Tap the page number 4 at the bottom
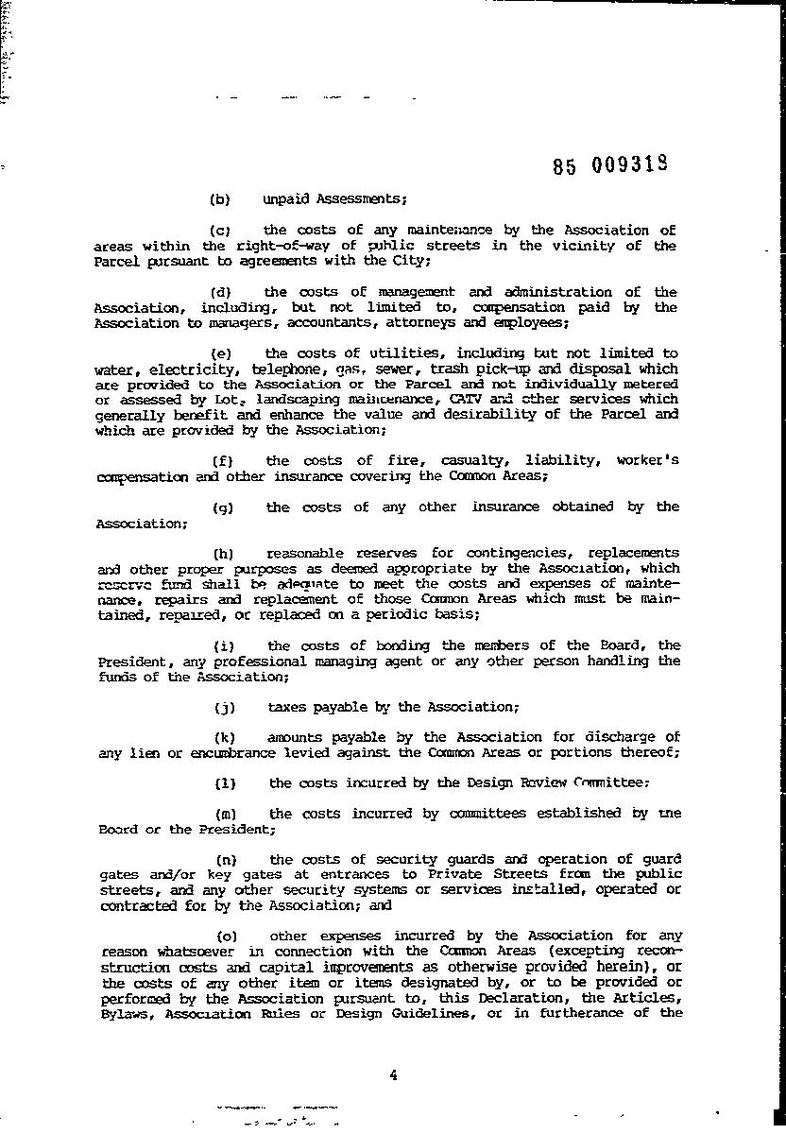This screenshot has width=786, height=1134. click(x=392, y=1074)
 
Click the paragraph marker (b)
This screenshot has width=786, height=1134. click(x=219, y=199)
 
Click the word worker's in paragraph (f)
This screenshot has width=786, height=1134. click(x=647, y=460)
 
